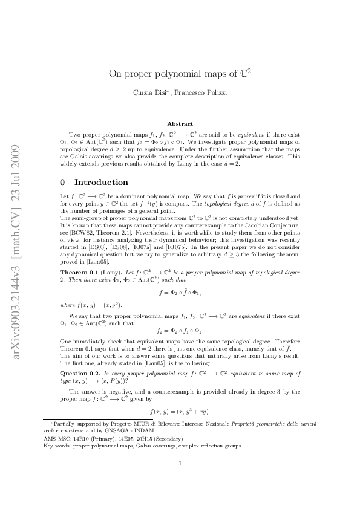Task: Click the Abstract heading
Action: coord(180,124)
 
